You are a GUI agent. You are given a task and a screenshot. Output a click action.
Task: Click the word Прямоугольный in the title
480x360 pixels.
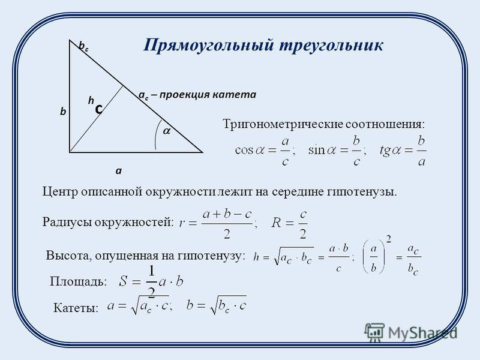tap(208, 46)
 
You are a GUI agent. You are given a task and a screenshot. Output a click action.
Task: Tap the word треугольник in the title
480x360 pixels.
tap(331, 46)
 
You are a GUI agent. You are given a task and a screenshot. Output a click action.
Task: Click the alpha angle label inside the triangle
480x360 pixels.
tap(167, 131)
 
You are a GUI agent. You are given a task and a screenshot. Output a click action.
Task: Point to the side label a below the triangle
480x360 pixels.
tap(118, 170)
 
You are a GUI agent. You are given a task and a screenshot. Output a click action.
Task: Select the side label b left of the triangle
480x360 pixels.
tap(63, 112)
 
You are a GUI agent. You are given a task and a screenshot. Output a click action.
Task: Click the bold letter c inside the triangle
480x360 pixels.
tap(98, 109)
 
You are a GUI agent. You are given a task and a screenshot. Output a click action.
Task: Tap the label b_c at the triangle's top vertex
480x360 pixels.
tap(83, 46)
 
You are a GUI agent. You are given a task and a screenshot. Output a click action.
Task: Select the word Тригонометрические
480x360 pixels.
tap(283, 125)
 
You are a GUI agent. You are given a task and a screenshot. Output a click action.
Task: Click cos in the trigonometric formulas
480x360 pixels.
tap(244, 151)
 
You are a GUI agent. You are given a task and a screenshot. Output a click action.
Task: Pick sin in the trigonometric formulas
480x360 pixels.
tap(316, 150)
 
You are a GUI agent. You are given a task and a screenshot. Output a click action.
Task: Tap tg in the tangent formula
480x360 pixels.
tap(384, 151)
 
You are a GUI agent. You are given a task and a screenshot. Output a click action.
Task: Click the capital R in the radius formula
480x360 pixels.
tap(276, 223)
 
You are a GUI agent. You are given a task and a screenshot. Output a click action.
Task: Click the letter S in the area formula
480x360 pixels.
tap(123, 281)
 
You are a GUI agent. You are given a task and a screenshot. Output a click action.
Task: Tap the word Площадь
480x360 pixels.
tap(79, 281)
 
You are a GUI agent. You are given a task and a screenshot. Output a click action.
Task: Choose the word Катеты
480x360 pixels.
tap(76, 307)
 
